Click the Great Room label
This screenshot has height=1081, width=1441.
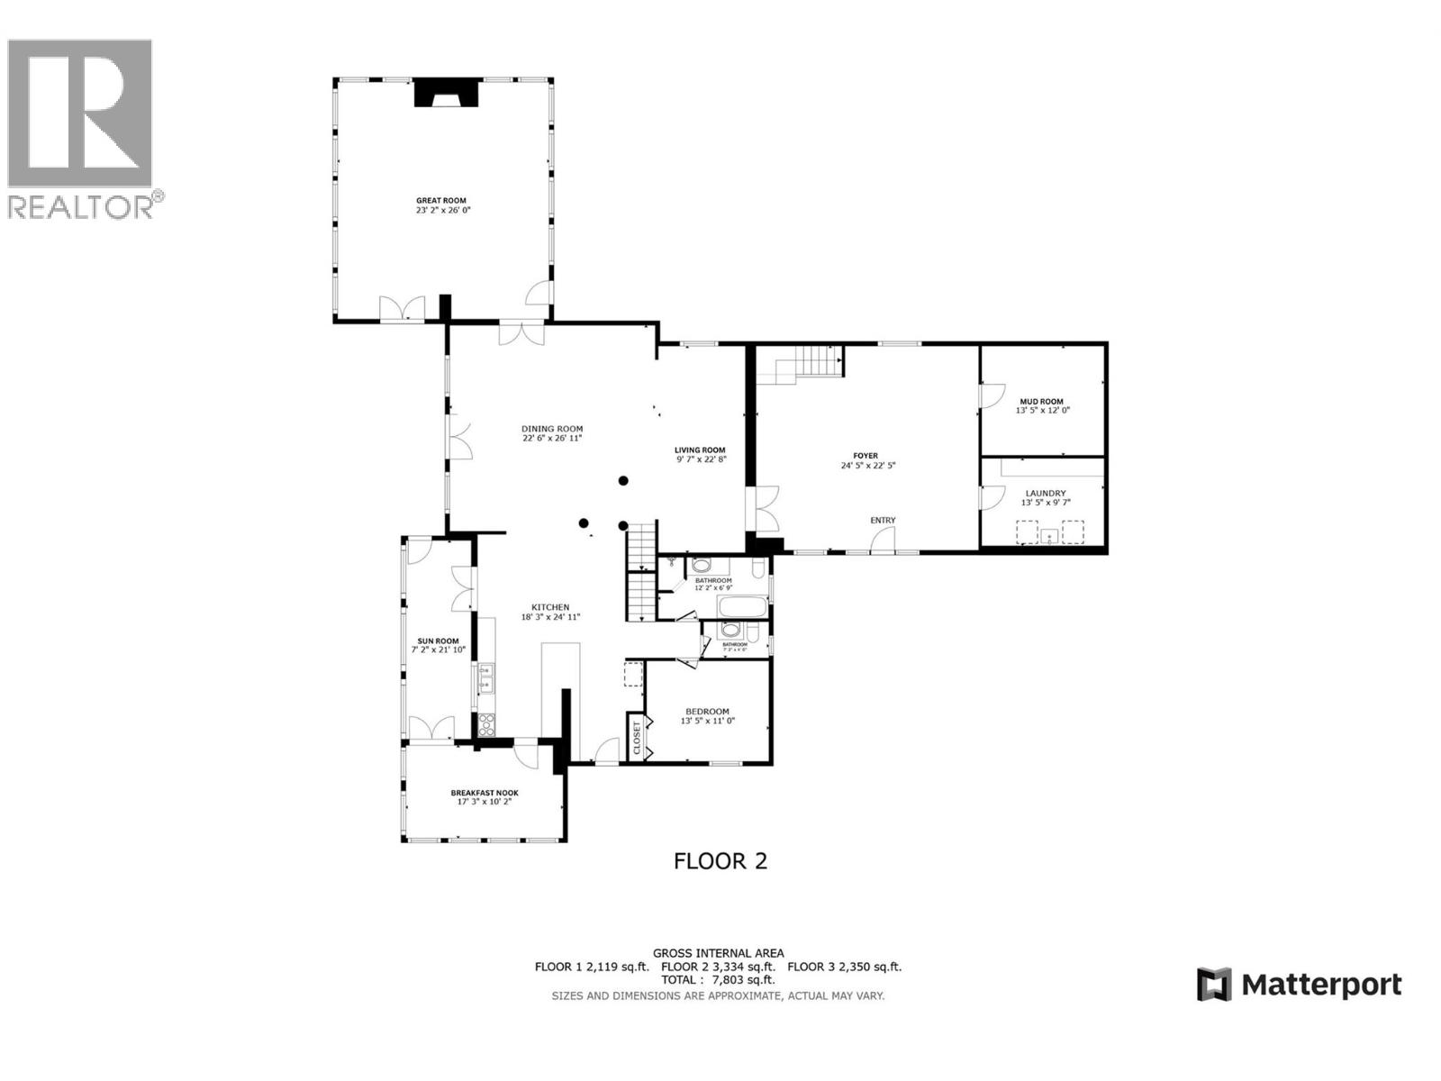[441, 201]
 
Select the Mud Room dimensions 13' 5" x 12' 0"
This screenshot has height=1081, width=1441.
[1042, 411]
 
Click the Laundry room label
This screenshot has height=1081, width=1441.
[1045, 494]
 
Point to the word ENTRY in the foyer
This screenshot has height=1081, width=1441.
[883, 521]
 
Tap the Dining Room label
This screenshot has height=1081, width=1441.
[552, 429]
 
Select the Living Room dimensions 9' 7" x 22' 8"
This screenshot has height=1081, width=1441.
[701, 459]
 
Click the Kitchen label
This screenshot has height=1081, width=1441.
[549, 607]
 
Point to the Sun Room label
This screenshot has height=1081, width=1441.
[438, 641]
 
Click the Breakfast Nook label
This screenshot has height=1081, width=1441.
[485, 793]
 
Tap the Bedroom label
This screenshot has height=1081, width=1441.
[707, 712]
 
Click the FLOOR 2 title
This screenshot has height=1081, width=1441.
[720, 861]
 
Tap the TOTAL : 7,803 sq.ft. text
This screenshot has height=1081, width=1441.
[718, 979]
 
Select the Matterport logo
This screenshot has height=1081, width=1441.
[1299, 985]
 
